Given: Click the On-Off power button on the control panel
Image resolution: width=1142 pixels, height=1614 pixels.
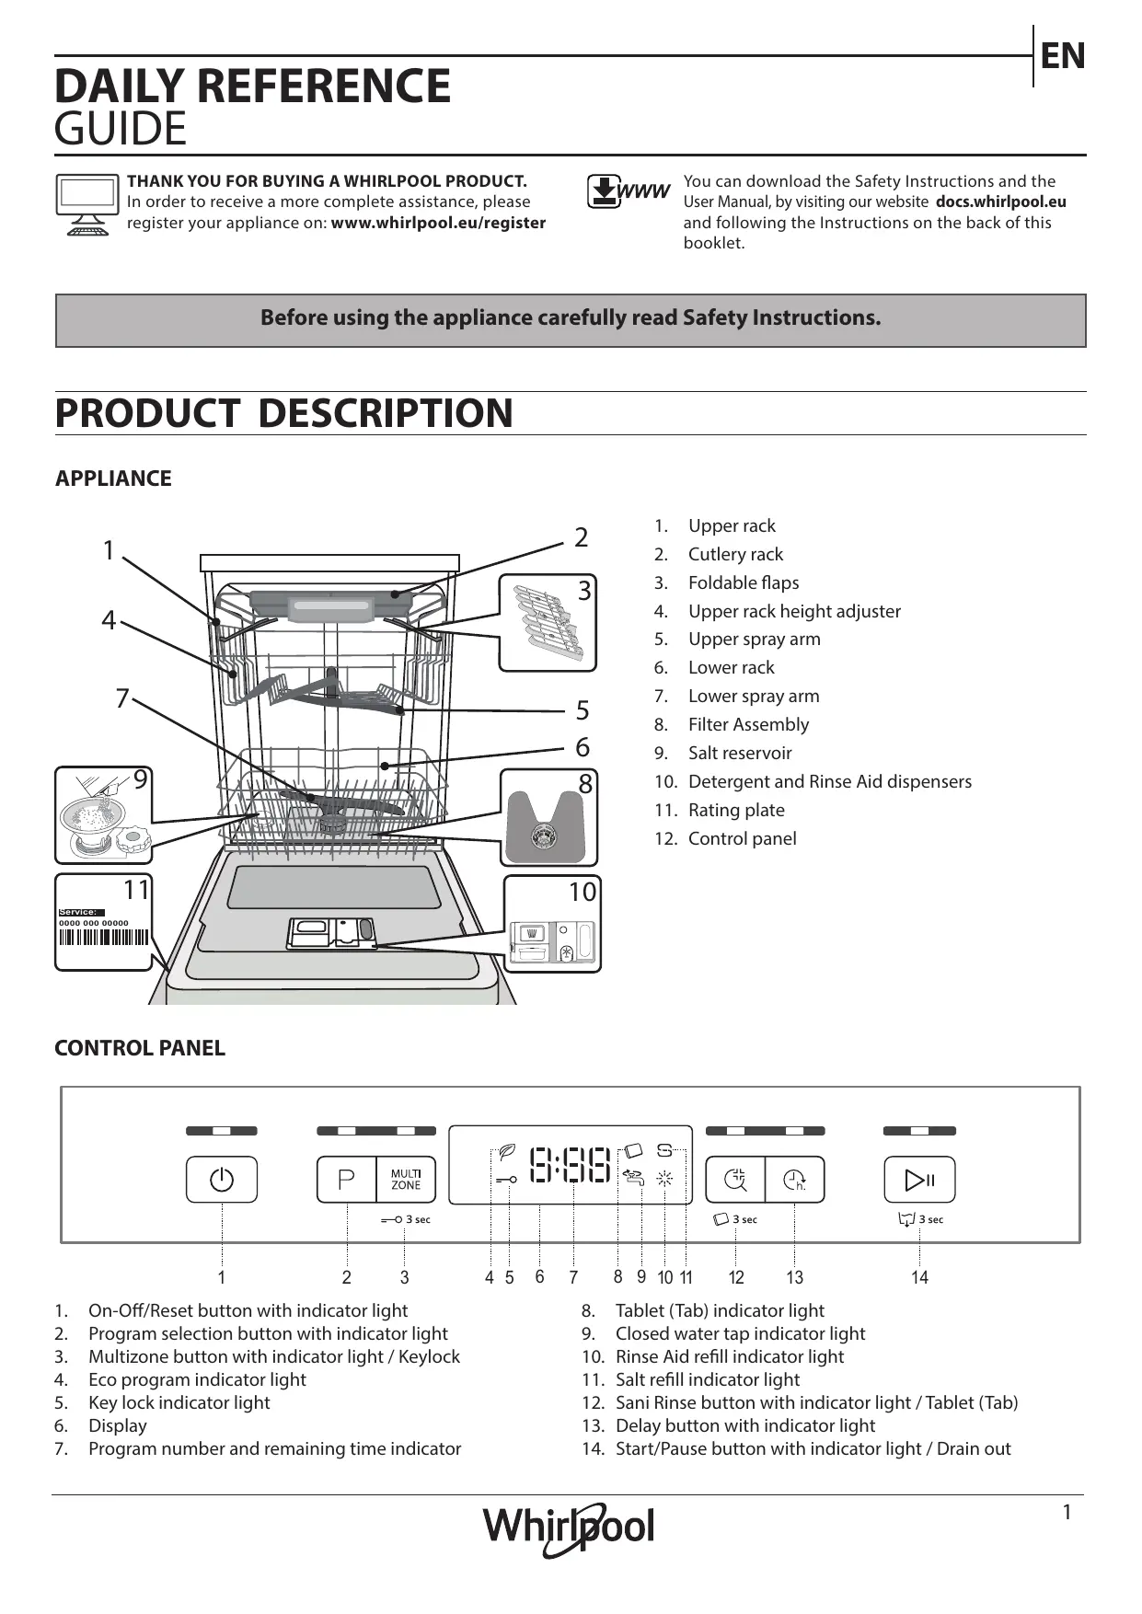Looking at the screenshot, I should tap(222, 1180).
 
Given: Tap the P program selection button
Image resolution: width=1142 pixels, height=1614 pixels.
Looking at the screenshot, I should tap(347, 1180).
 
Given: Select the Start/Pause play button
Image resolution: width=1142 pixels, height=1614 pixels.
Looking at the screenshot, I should tap(919, 1180).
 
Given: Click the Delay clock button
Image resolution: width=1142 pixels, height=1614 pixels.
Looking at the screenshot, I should tap(794, 1180).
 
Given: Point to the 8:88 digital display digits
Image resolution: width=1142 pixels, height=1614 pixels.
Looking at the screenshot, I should tap(571, 1165).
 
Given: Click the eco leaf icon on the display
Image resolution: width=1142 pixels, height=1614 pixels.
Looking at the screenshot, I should tap(506, 1152).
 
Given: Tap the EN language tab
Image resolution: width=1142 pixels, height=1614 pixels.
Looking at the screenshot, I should tap(1063, 56).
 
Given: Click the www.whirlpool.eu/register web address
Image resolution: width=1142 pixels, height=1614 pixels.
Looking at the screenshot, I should tap(438, 223).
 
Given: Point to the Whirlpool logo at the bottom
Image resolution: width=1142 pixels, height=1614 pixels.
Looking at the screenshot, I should tap(570, 1528).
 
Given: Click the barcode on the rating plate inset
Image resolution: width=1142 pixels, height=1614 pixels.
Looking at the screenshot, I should tap(103, 938).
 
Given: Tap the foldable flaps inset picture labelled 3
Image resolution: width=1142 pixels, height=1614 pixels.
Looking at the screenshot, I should tap(548, 623).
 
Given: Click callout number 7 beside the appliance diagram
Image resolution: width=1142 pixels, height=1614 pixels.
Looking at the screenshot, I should tap(122, 698).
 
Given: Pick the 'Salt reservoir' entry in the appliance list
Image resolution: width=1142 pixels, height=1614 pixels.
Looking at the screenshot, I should tap(739, 754).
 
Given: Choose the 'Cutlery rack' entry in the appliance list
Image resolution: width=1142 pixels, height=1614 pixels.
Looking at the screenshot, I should tap(735, 555).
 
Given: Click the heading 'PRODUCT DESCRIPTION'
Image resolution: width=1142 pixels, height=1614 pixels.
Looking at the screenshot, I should tap(283, 413).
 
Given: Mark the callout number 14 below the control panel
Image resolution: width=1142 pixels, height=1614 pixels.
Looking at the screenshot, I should tap(919, 1277).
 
